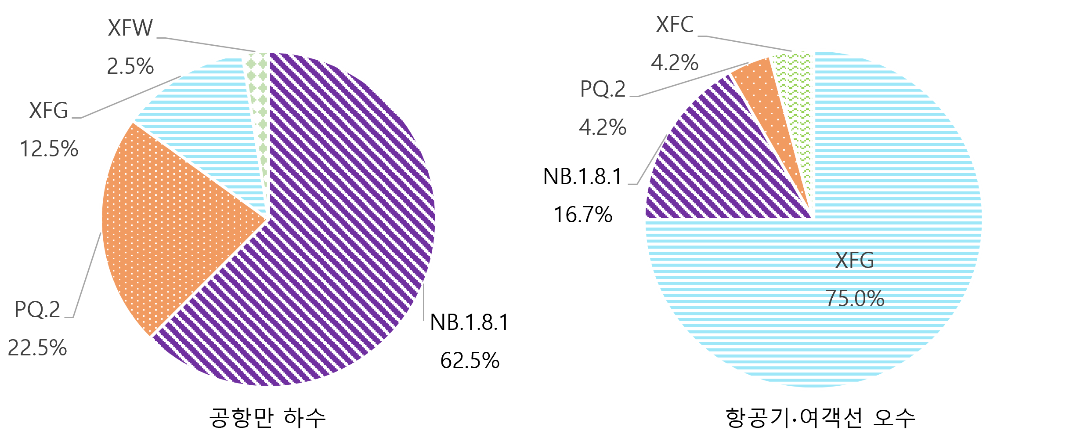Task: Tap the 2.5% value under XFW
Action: click(x=130, y=67)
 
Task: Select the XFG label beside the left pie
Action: click(x=48, y=111)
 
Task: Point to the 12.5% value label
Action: click(x=49, y=149)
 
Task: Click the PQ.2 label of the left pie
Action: click(x=37, y=310)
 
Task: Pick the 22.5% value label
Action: click(x=37, y=348)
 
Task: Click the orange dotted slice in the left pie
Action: click(x=176, y=228)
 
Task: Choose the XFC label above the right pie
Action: click(x=675, y=25)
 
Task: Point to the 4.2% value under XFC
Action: click(x=675, y=63)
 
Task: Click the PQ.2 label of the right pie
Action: click(x=603, y=89)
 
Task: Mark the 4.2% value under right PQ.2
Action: click(x=603, y=128)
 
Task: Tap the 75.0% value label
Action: click(x=854, y=299)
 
